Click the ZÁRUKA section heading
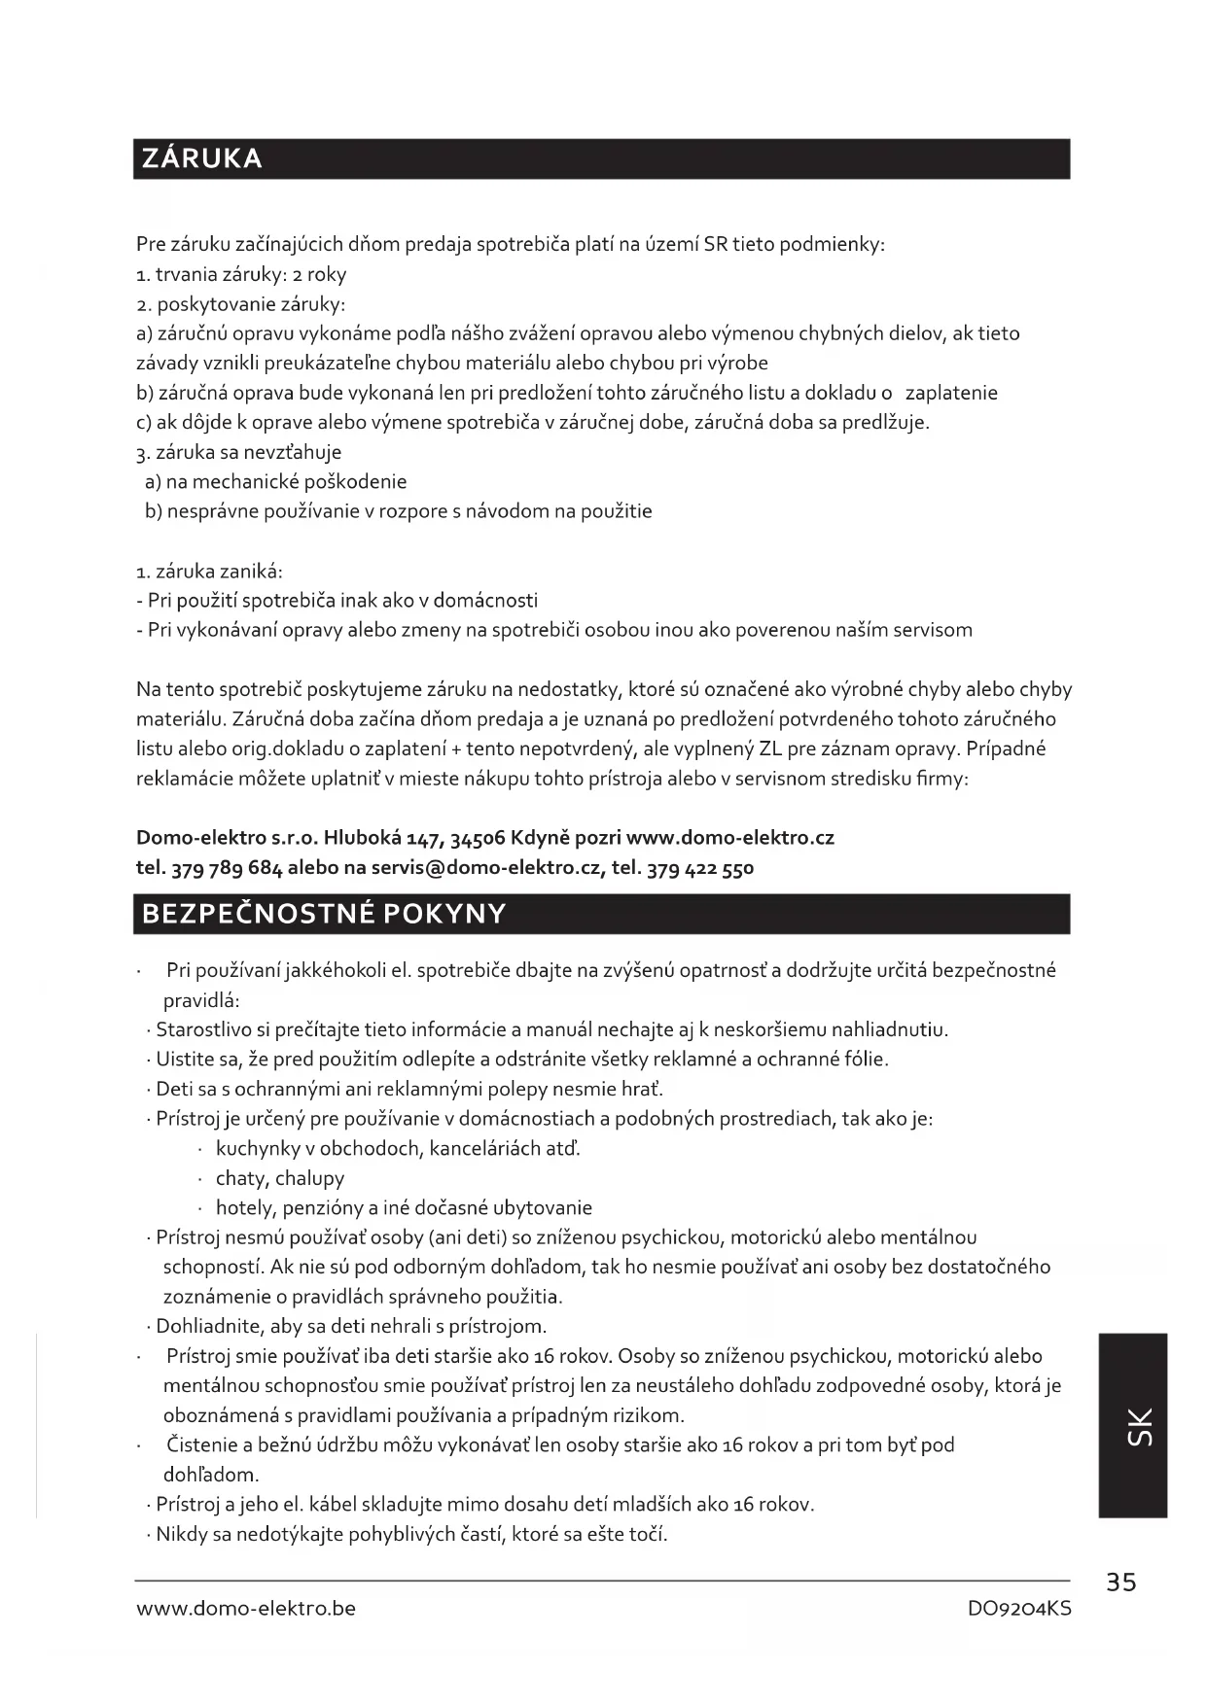point(202,158)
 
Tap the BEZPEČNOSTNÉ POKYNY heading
point(324,914)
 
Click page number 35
point(1120,1583)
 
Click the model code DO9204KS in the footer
point(1018,1609)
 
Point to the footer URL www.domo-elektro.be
point(246,1609)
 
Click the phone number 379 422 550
point(700,867)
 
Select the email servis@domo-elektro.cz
point(486,867)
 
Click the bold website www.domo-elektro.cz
point(730,837)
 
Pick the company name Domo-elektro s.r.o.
point(227,837)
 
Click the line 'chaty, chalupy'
point(280,1178)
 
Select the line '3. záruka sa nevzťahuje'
point(239,452)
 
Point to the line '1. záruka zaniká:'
point(210,572)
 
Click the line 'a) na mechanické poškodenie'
point(276,482)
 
